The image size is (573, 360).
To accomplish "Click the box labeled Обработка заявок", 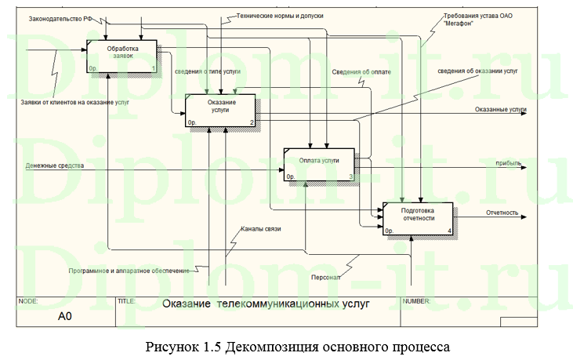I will point(121,57).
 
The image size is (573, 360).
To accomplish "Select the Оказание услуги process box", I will point(220,111).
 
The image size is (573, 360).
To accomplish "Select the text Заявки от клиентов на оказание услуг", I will point(75,103).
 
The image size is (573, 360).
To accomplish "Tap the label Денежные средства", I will point(54,165).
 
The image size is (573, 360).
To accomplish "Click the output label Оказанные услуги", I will point(500,110).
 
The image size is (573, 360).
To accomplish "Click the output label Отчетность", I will point(502,213).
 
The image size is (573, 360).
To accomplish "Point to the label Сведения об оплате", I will point(361,71).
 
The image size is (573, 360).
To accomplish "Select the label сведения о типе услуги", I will point(207,71).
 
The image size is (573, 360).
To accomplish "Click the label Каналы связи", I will point(260,229).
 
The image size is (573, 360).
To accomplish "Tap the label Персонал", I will point(320,276).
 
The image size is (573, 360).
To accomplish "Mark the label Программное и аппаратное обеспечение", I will point(129,271).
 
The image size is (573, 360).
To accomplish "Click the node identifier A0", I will point(65,317).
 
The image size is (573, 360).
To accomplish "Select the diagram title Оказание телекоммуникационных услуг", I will point(265,304).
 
